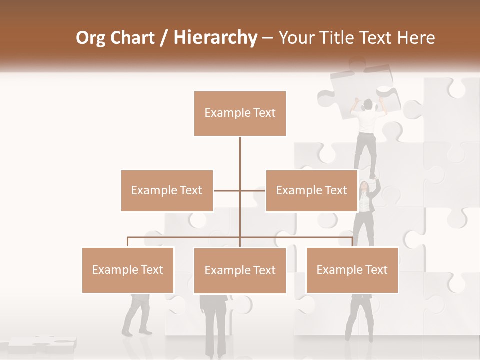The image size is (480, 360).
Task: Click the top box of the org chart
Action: tap(240, 113)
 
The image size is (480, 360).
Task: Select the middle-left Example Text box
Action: tap(167, 190)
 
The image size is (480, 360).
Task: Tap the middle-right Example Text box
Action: tap(311, 190)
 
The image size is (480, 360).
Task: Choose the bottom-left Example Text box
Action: tap(128, 270)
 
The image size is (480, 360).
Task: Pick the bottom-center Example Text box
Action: tap(240, 270)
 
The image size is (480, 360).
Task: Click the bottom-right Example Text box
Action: tap(352, 270)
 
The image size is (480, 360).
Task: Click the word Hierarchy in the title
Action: tap(215, 38)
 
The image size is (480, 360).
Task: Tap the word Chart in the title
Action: tap(134, 38)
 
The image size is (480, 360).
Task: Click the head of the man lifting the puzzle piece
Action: tap(368, 104)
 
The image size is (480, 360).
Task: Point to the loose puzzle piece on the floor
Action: tap(42, 343)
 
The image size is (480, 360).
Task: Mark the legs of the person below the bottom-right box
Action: tap(360, 320)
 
